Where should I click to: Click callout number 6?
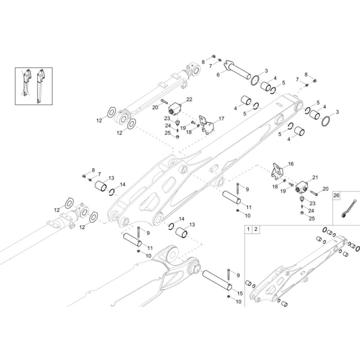click(218, 75)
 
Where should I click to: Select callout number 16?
click(291, 164)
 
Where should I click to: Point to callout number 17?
click(221, 118)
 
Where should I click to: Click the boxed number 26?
click(337, 196)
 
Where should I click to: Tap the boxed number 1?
click(248, 229)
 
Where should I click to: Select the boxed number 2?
click(256, 229)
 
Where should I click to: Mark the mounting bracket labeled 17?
click(207, 126)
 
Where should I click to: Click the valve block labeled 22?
click(175, 107)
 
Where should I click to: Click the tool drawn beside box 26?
click(348, 209)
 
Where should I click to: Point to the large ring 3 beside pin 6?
click(256, 80)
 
